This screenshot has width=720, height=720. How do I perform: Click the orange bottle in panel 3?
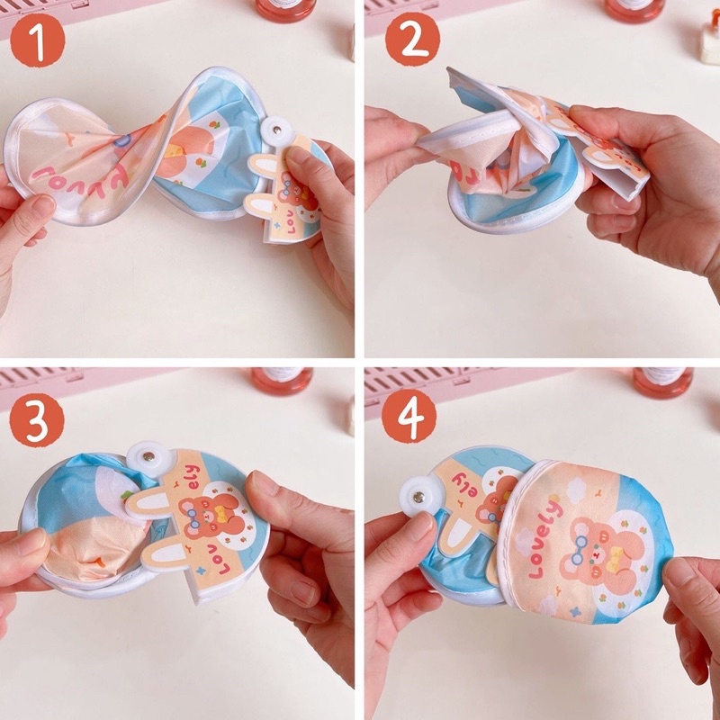pos(282,380)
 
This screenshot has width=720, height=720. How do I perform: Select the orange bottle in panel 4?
pos(662,381)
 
